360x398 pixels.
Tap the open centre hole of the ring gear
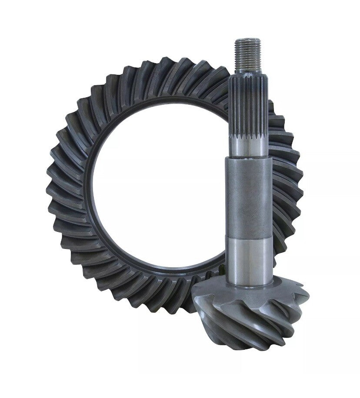pos(157,196)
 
